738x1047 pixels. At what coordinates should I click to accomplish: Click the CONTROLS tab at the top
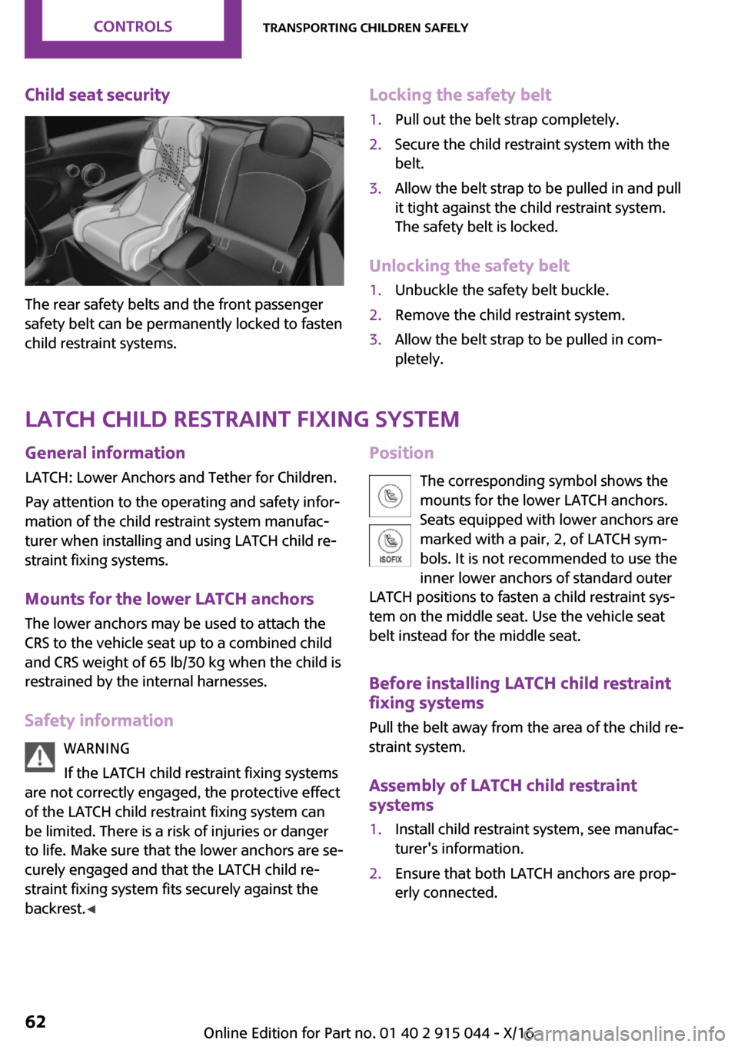[x=133, y=27]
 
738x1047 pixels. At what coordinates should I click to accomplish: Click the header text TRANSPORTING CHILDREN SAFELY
[x=365, y=28]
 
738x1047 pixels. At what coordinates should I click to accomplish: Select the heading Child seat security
[x=98, y=95]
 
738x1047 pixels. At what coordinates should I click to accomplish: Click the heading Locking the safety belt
[x=460, y=95]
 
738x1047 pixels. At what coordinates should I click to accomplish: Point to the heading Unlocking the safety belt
[x=469, y=266]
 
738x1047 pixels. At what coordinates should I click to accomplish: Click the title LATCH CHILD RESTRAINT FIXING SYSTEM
[x=242, y=419]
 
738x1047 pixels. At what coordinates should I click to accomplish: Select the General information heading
[x=105, y=453]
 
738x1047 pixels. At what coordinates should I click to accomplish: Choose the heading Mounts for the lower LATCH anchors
[x=169, y=599]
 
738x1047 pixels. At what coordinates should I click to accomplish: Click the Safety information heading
[x=99, y=720]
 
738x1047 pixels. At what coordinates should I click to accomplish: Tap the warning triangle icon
[x=40, y=756]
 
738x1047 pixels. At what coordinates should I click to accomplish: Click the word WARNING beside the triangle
[x=97, y=749]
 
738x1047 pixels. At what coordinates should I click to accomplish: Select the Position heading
[x=401, y=453]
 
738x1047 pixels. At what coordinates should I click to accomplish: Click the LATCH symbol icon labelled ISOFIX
[x=391, y=545]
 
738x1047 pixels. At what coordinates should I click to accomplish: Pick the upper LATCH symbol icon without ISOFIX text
[x=391, y=496]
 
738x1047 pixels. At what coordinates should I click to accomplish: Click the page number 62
[x=35, y=1022]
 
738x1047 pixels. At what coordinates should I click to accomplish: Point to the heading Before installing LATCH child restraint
[x=520, y=683]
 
